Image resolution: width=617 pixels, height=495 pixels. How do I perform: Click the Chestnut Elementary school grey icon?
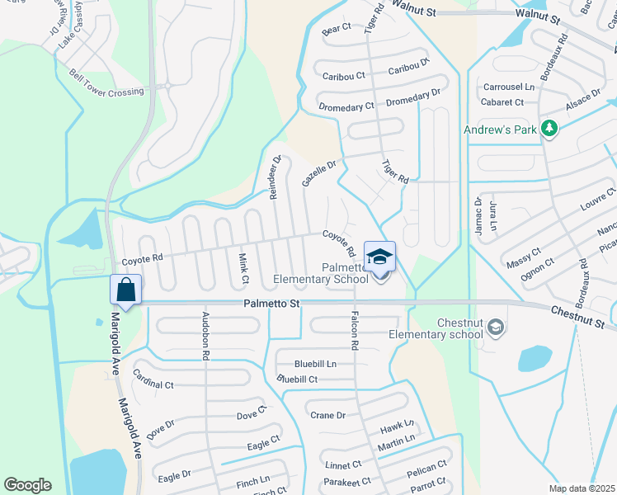pyautogui.click(x=495, y=328)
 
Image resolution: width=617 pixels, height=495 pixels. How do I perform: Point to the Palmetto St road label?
pyautogui.click(x=271, y=304)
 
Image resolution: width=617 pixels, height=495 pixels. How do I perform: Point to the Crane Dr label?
pyautogui.click(x=327, y=415)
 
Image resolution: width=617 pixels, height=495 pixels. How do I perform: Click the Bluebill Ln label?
pyautogui.click(x=315, y=364)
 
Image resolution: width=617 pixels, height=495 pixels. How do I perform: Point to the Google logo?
pyautogui.click(x=27, y=485)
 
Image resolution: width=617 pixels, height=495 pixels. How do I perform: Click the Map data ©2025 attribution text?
pyautogui.click(x=582, y=488)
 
